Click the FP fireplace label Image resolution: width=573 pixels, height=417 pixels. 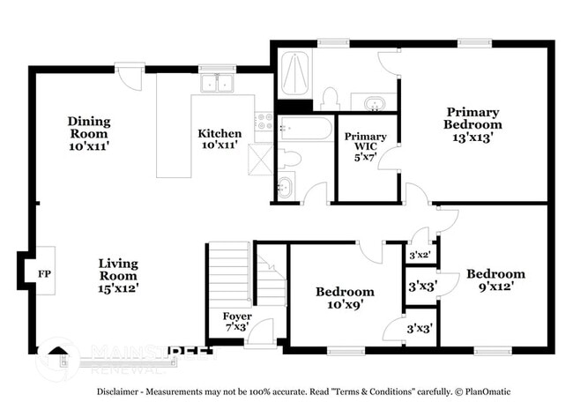click(x=43, y=274)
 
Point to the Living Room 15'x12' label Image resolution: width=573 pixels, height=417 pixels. click(x=119, y=275)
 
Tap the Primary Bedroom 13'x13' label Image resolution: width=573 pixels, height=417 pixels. click(x=473, y=124)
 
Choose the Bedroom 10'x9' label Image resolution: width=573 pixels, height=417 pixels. click(x=345, y=298)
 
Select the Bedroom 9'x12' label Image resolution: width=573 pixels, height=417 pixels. click(x=495, y=279)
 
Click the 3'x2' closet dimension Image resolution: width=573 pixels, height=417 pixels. click(x=419, y=255)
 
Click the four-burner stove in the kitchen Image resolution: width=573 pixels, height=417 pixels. click(x=264, y=123)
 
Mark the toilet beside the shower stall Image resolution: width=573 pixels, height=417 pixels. click(x=331, y=96)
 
